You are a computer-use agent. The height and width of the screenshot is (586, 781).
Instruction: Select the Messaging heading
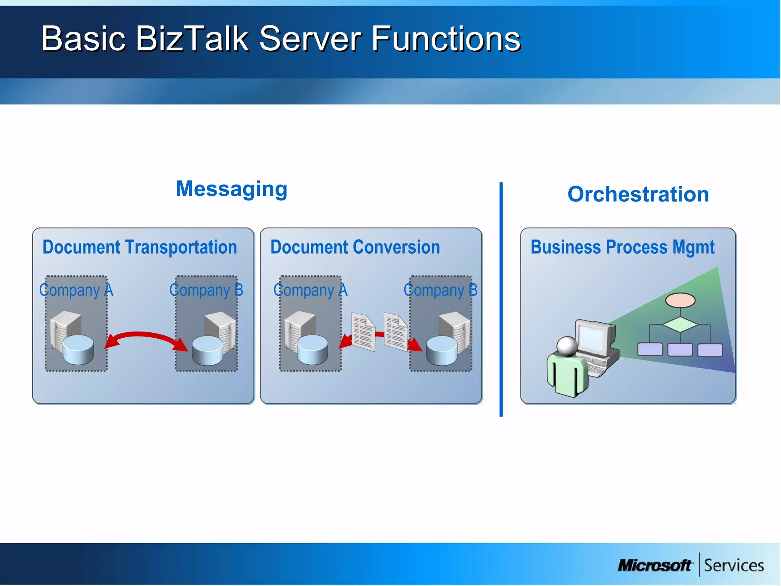pyautogui.click(x=231, y=189)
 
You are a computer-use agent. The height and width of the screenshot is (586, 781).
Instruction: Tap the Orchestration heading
pyautogui.click(x=638, y=194)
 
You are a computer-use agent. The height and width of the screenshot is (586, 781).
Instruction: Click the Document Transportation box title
pyautogui.click(x=140, y=247)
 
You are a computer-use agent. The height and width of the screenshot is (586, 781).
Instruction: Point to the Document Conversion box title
pyautogui.click(x=355, y=247)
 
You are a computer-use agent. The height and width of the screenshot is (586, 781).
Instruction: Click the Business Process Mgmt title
pyautogui.click(x=622, y=247)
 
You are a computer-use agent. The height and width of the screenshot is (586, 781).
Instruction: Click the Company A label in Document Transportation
pyautogui.click(x=76, y=290)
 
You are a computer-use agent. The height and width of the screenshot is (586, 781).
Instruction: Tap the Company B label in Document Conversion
pyautogui.click(x=440, y=290)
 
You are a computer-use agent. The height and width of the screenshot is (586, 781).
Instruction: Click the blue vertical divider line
pyautogui.click(x=501, y=299)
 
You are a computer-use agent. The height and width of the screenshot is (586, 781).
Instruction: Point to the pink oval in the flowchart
pyautogui.click(x=680, y=300)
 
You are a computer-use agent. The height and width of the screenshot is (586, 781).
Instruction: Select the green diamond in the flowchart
pyautogui.click(x=680, y=325)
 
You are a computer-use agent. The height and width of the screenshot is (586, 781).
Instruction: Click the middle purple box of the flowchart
pyautogui.click(x=680, y=349)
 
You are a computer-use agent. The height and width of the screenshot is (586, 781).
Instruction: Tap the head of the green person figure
pyautogui.click(x=567, y=346)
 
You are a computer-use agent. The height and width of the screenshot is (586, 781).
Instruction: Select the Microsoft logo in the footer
pyautogui.click(x=654, y=565)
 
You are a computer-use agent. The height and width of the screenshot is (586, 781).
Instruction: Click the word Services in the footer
pyautogui.click(x=734, y=565)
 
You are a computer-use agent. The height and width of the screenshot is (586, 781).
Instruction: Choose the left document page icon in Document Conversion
pyautogui.click(x=363, y=332)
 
